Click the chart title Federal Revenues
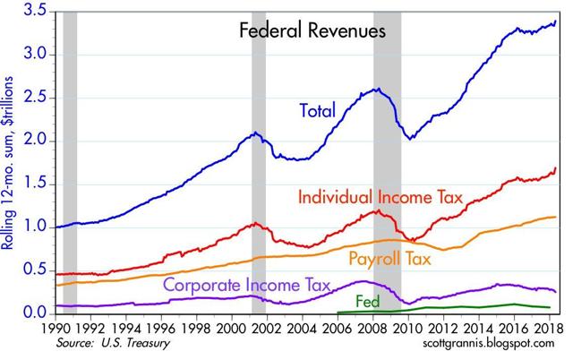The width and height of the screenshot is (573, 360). click(x=311, y=31)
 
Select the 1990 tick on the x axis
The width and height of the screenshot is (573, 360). click(x=56, y=329)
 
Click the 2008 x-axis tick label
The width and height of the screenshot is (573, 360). click(x=373, y=329)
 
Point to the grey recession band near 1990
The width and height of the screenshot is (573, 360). click(x=69, y=161)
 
